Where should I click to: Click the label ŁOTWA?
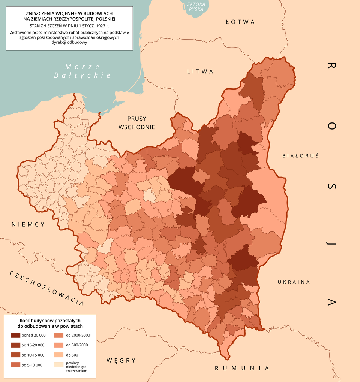point(240,22)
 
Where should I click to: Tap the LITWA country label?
point(200,72)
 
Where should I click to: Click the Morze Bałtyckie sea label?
point(82,71)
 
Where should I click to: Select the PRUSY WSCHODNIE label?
point(136,122)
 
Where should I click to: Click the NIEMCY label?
point(28,225)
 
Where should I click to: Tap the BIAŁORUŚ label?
point(300,155)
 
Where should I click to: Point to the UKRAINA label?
point(294,282)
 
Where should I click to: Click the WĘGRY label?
point(121,360)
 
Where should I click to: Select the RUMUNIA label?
point(242,368)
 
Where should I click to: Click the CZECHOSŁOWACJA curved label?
point(45,288)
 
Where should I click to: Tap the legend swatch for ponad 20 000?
point(15,335)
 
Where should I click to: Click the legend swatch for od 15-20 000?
point(15,345)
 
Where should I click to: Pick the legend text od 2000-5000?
point(78,335)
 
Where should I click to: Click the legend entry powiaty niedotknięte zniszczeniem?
point(77,367)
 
